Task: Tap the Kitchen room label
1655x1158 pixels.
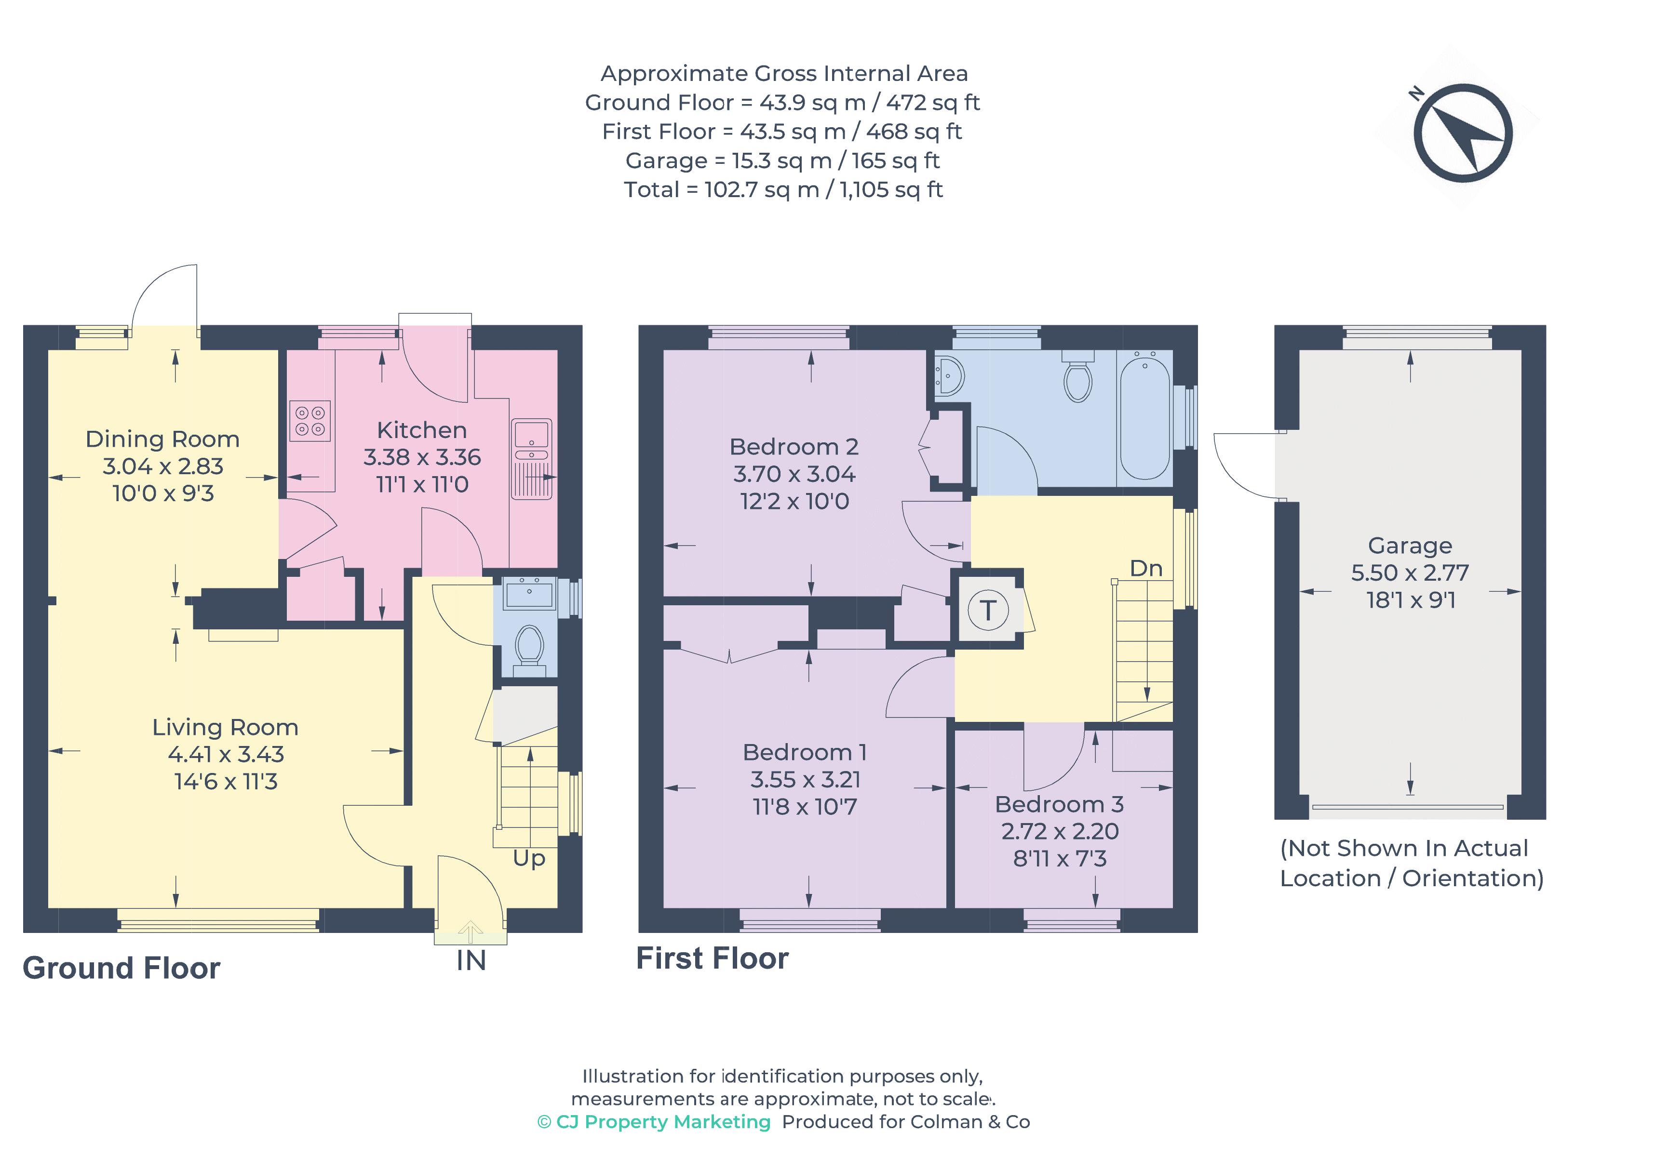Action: [422, 430]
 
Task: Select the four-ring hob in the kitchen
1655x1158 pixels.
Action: [310, 421]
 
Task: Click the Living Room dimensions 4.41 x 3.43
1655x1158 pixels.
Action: [226, 755]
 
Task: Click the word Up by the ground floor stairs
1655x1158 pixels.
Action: [528, 858]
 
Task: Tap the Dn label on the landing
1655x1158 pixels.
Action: [1145, 569]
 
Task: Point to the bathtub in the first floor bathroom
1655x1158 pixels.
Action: [1144, 416]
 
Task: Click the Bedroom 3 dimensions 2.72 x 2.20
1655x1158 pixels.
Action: [1060, 832]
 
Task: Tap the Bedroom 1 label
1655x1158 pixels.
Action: [805, 752]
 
